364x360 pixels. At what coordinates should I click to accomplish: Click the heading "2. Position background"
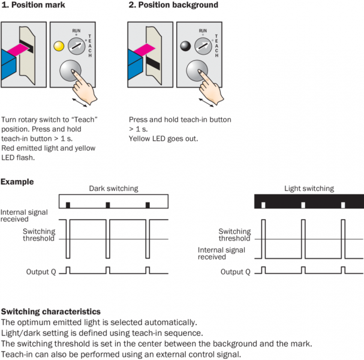coord(173,5)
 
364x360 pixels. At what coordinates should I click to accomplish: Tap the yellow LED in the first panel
coord(58,45)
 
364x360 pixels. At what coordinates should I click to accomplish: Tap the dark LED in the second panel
coord(185,45)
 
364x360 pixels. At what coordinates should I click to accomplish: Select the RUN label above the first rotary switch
coord(75,29)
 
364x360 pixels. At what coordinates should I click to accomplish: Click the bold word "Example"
coord(17,182)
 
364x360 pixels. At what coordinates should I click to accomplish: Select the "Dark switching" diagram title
coord(113,188)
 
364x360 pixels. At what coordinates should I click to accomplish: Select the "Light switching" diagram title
coord(309,188)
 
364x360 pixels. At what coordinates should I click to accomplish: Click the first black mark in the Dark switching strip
coord(68,205)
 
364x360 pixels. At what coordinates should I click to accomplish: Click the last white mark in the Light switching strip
coord(343,205)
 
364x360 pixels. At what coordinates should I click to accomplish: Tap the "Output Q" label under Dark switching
coord(41,272)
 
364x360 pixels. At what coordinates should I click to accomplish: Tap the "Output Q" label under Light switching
coord(235,272)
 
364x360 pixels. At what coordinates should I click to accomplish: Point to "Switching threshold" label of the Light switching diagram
coord(234,235)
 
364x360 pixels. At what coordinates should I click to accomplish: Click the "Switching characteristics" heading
coord(50,312)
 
